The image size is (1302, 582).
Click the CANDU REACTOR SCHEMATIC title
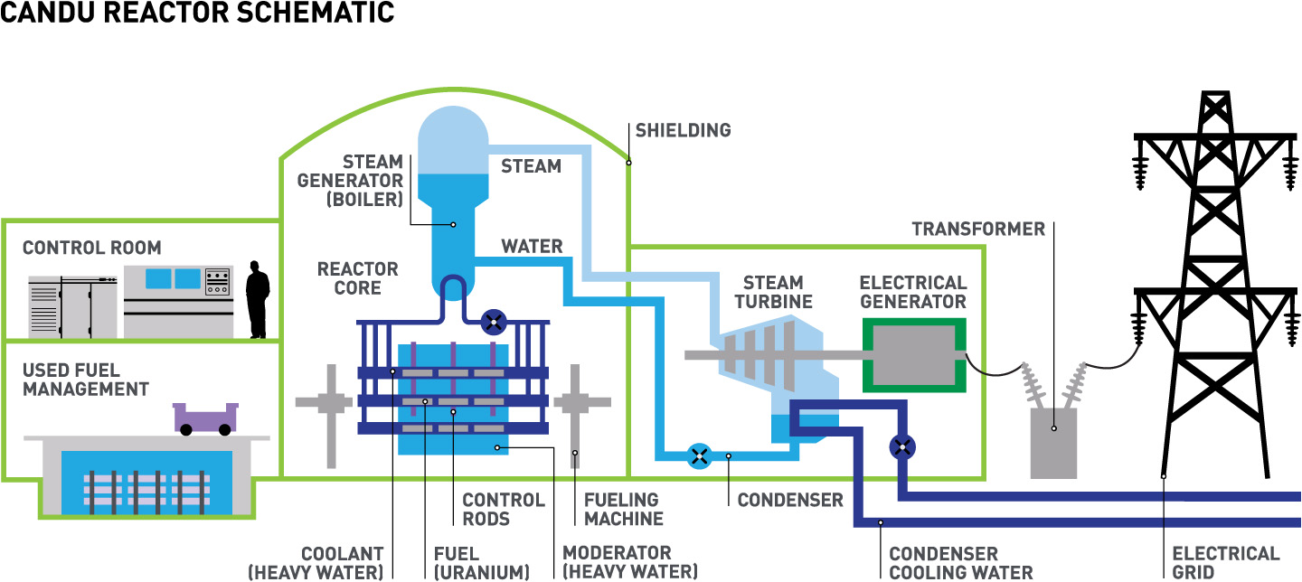point(197,13)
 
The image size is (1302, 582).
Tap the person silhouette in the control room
point(258,299)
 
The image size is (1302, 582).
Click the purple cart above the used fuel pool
point(205,418)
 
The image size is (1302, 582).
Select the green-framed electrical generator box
point(913,354)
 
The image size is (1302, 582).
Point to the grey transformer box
point(1053,443)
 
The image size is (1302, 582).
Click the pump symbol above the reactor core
point(494,321)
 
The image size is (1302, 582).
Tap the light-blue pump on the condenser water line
point(698,455)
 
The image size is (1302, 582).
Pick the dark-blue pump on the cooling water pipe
point(902,446)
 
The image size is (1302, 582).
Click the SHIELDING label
point(683,130)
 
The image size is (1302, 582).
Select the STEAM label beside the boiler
point(531,166)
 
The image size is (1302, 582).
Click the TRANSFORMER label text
point(978,229)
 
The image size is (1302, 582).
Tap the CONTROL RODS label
point(504,510)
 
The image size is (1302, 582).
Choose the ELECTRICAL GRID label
point(1225,563)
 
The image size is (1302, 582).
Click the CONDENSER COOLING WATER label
point(960,563)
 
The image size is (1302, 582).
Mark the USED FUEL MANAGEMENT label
point(85,380)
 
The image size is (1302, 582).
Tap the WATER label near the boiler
point(532,247)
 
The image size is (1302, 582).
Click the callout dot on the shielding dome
point(628,163)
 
